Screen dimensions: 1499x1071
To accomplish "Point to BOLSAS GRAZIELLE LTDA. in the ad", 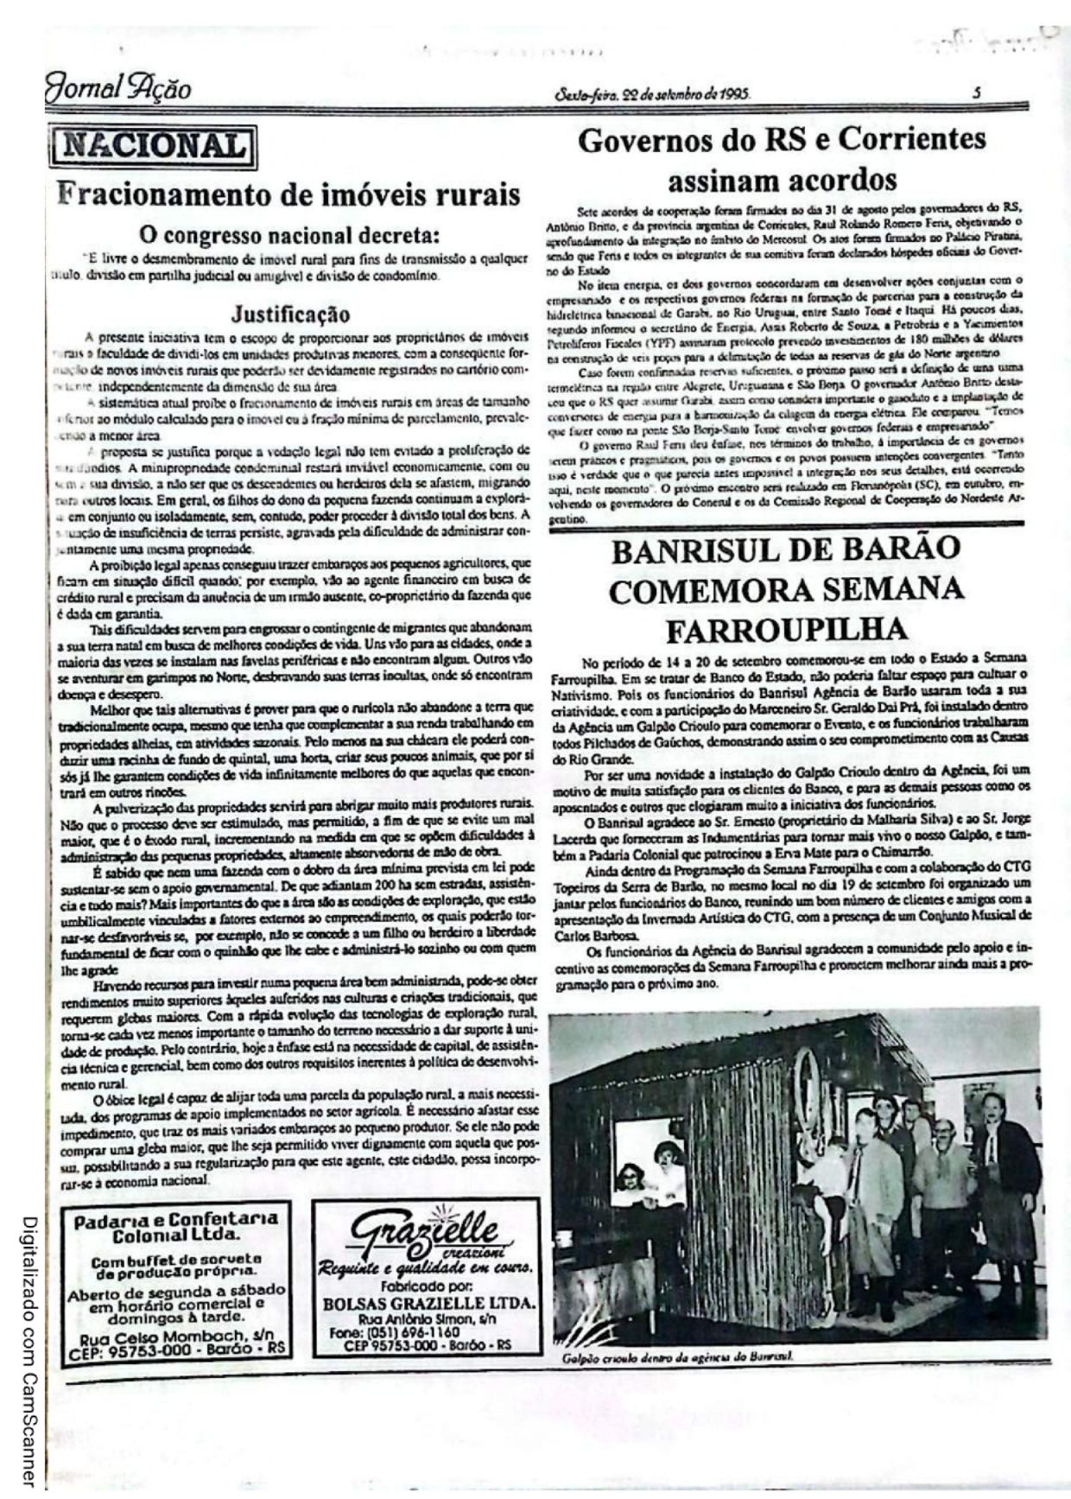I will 429,1302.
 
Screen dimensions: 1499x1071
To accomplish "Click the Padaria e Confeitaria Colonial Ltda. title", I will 175,1228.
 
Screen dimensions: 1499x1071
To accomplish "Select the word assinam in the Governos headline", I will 719,180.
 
